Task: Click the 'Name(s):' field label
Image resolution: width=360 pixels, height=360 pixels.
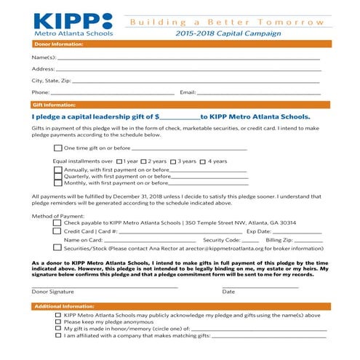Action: click(x=43, y=57)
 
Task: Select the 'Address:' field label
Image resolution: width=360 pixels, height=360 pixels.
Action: click(x=43, y=68)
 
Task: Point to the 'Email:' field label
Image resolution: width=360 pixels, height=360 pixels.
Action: click(x=188, y=92)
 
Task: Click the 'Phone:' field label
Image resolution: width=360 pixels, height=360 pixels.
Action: click(x=41, y=92)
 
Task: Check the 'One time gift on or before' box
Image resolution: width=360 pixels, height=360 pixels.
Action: click(x=58, y=148)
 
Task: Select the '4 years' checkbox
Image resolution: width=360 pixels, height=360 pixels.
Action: click(x=204, y=161)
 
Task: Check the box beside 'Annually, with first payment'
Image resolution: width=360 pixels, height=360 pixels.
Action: click(x=58, y=170)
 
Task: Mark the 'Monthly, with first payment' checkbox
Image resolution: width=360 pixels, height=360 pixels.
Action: click(x=58, y=183)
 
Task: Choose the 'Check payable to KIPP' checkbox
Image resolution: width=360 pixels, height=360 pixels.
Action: click(x=57, y=223)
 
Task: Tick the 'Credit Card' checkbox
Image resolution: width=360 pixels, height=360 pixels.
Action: click(x=57, y=231)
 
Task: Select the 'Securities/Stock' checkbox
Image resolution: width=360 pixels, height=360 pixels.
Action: click(x=57, y=247)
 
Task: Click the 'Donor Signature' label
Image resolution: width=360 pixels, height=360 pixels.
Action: click(x=52, y=291)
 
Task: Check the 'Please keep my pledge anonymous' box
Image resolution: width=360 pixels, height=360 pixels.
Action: click(x=58, y=321)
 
